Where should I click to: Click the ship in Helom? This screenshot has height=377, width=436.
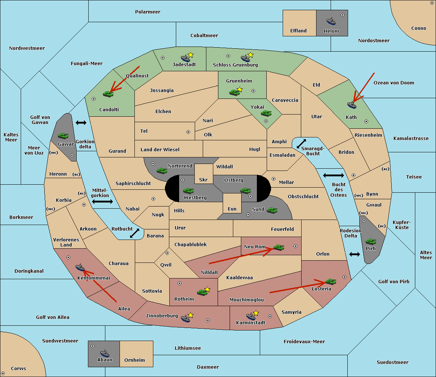(331, 21)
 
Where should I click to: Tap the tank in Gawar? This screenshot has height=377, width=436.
(63, 136)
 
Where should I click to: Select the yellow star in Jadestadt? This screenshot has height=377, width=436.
(190, 55)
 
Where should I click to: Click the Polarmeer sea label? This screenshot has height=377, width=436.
(148, 12)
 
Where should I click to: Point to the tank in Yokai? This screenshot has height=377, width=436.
(266, 113)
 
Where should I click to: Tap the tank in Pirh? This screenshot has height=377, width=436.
(371, 241)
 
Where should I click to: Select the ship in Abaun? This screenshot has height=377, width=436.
(105, 353)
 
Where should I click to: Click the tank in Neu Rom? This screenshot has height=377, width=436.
(279, 247)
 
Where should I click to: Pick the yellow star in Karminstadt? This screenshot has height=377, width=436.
(256, 313)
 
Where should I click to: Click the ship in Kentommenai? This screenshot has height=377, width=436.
(80, 267)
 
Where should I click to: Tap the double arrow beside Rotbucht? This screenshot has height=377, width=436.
(134, 233)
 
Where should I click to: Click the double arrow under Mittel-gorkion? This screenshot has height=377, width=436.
(102, 201)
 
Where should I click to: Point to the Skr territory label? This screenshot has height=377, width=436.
(203, 180)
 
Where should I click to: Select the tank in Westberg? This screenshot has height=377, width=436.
(188, 190)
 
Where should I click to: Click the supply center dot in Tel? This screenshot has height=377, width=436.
(188, 132)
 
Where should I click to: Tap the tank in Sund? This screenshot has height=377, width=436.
(272, 210)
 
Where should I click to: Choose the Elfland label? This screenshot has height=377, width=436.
(298, 31)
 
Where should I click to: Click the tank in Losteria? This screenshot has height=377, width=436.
(331, 281)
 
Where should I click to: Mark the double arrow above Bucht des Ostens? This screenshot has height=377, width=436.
(334, 175)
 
